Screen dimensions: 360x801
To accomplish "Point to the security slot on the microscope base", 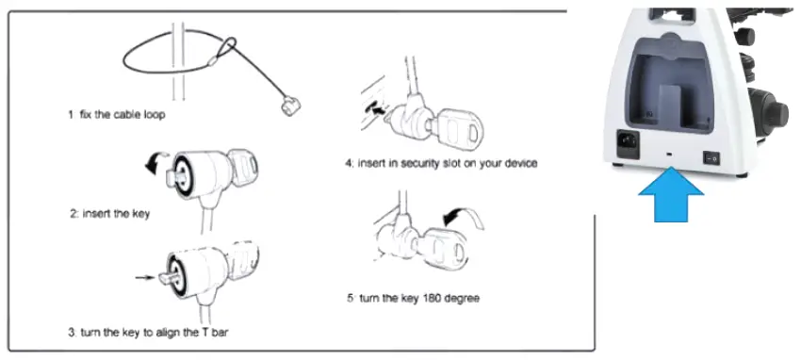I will pyautogui.click(x=668, y=152).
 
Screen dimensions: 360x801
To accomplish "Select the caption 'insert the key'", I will pyautogui.click(x=109, y=214).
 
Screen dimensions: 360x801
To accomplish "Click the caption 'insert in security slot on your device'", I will pyautogui.click(x=441, y=162).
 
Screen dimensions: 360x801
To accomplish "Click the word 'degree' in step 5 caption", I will pyautogui.click(x=463, y=298).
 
